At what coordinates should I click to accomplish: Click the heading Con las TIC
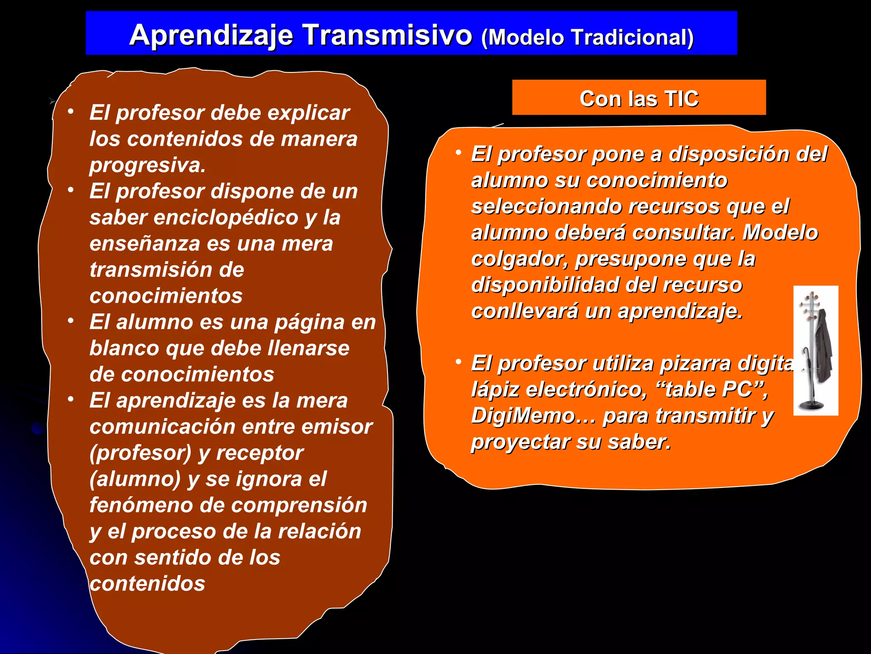tap(639, 98)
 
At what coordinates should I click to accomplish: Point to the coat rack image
tap(815, 350)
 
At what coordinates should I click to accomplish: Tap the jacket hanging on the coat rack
tap(824, 345)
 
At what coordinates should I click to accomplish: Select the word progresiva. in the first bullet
tap(148, 165)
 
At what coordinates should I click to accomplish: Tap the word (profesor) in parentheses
tap(141, 453)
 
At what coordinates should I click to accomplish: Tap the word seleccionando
tap(547, 207)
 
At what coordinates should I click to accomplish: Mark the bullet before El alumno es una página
tap(71, 320)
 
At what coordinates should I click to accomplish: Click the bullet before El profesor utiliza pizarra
tap(458, 362)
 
